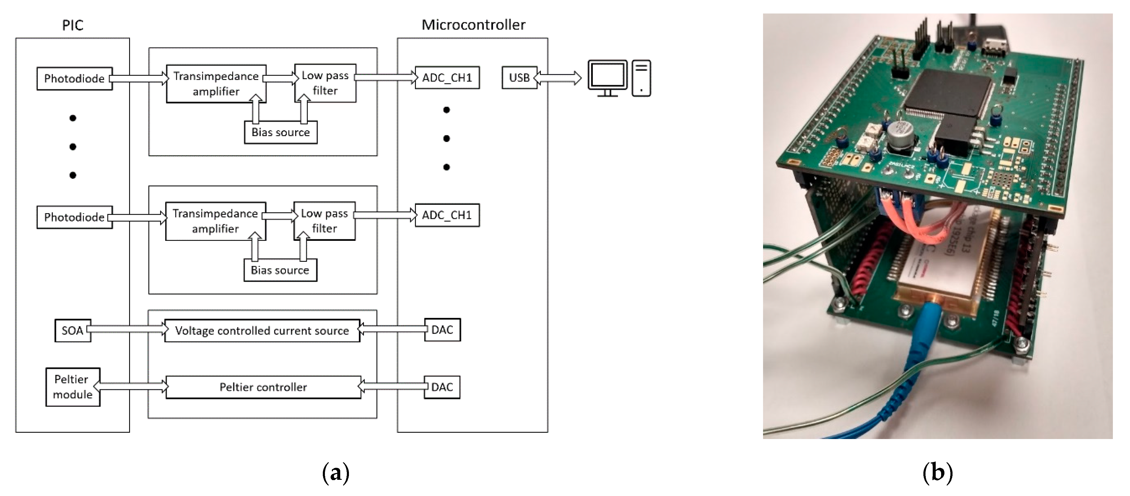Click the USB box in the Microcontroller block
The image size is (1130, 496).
coord(520,78)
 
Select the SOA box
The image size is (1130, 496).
coord(73,330)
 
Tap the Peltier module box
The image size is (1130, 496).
coord(73,387)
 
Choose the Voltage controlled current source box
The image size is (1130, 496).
coord(262,330)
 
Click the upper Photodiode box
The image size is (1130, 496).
coord(74,79)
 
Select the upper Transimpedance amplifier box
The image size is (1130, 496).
coord(216,84)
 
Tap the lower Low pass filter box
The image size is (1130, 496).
coord(324,221)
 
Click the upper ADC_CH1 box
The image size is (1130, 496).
coord(447,78)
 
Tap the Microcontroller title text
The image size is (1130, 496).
coord(473,25)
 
